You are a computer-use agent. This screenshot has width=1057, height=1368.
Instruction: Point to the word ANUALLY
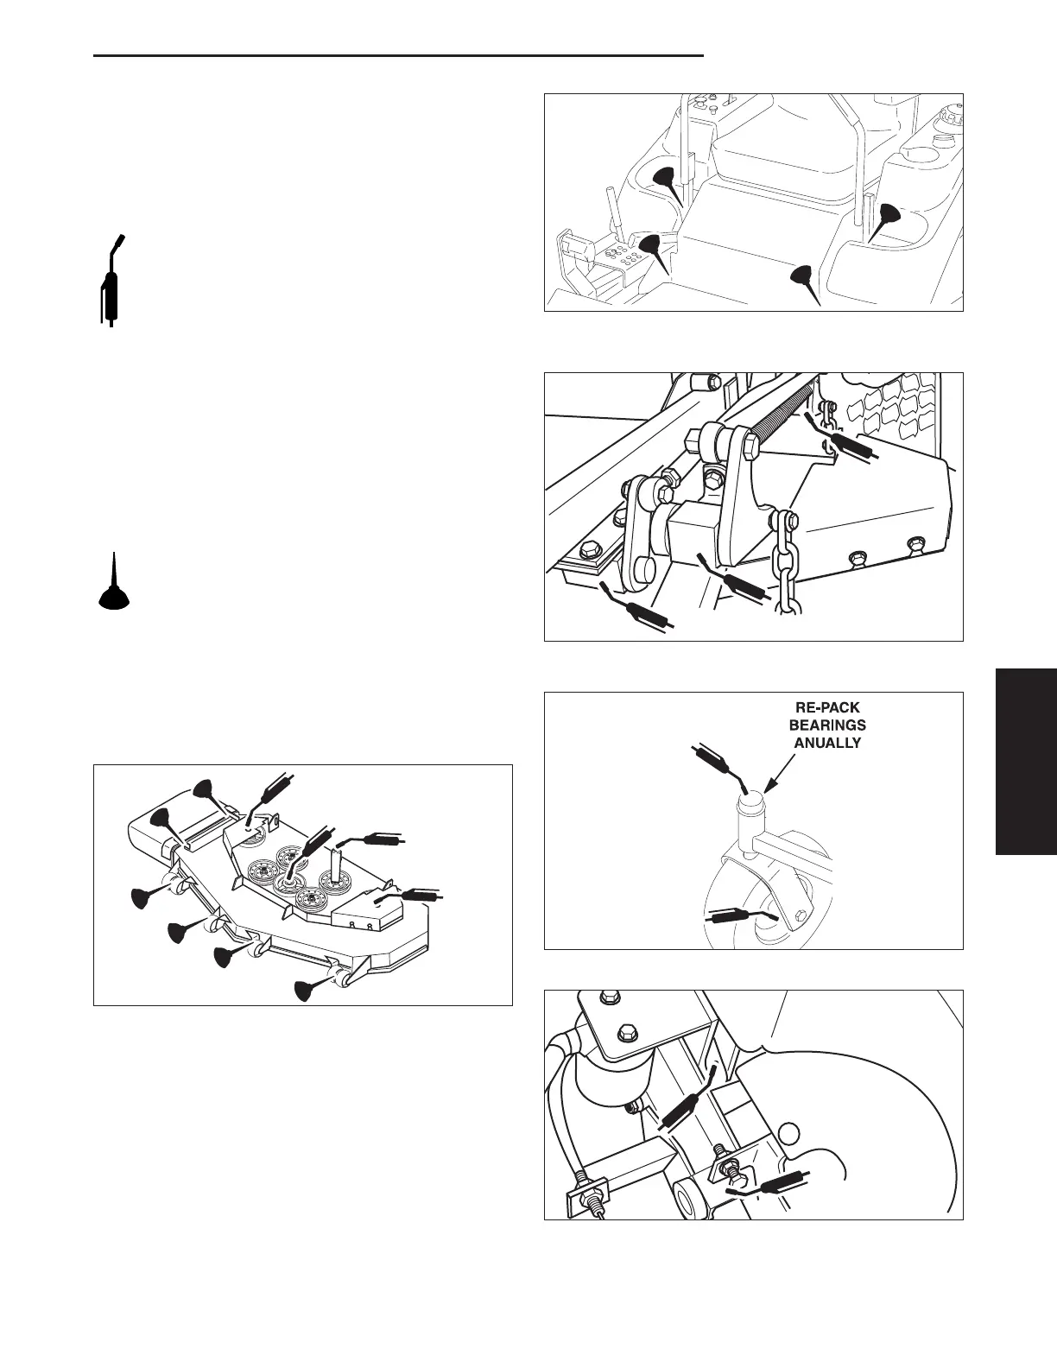click(x=828, y=742)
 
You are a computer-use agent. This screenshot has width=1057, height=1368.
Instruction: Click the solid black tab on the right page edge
click(x=1026, y=761)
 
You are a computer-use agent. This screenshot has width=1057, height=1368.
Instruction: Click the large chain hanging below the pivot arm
click(x=785, y=566)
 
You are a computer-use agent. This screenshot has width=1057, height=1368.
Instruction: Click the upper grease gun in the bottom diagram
click(x=687, y=1100)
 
